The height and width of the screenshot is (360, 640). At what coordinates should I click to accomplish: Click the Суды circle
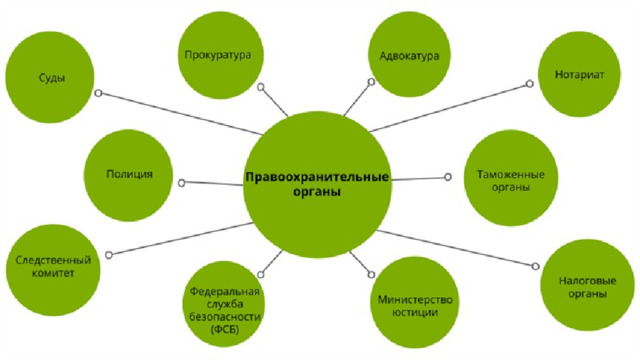coord(50,77)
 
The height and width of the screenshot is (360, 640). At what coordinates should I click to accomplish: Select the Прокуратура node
coord(220,55)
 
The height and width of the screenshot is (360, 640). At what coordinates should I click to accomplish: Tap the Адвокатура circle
coord(409,54)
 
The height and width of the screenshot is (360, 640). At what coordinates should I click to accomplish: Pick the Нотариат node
coord(579,74)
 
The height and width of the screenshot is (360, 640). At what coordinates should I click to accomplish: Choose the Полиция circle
coord(128,175)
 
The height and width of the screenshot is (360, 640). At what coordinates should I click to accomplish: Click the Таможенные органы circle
coord(511,178)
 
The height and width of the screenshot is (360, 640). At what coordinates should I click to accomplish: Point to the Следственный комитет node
coord(53,270)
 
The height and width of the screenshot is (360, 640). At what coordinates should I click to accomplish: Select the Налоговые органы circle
coord(587,285)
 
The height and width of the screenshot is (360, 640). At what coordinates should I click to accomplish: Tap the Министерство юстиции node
coord(414,302)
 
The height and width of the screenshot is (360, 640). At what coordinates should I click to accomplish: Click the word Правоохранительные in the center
coord(317,178)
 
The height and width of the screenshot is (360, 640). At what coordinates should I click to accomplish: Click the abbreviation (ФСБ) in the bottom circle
coord(224,330)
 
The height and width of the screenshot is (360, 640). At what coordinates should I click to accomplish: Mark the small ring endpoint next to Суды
coord(98,93)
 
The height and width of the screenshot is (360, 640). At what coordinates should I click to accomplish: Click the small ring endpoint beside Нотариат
coord(529,84)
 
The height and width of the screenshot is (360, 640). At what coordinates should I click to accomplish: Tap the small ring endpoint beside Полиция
coord(182,183)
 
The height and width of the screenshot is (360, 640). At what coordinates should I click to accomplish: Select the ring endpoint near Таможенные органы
coord(448,177)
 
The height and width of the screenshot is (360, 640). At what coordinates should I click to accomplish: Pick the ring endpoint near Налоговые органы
coord(535,266)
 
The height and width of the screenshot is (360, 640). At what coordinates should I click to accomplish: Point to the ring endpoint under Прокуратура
coord(261,87)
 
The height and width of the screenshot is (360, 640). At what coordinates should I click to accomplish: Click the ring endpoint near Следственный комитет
coord(109,255)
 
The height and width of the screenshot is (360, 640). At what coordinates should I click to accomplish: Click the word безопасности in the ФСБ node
coord(224,317)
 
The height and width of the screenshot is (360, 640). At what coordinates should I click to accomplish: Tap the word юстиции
coord(414,313)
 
